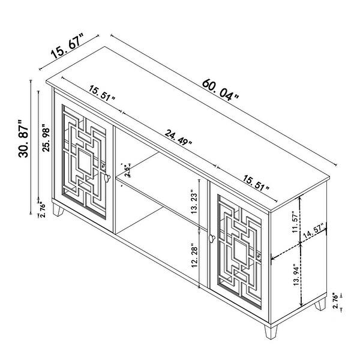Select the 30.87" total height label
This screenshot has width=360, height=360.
pyautogui.click(x=23, y=139)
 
